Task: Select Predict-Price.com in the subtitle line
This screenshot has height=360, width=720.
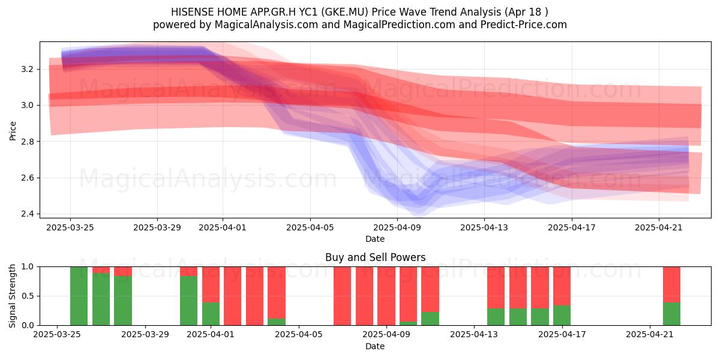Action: click(524, 25)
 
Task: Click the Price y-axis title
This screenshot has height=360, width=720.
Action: click(13, 131)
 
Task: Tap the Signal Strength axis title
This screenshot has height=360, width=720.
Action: click(12, 296)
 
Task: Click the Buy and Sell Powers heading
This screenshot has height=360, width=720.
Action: click(375, 257)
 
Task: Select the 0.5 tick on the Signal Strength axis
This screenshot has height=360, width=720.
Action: click(28, 296)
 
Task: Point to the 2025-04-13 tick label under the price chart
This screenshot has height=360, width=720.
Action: click(484, 227)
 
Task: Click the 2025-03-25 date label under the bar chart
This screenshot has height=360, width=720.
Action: click(57, 335)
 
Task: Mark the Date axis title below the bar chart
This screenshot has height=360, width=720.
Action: click(375, 346)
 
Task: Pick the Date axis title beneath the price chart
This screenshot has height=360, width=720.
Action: click(375, 239)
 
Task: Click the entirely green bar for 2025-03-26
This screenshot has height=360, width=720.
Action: click(79, 296)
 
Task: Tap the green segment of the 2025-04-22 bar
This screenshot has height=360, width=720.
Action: click(671, 314)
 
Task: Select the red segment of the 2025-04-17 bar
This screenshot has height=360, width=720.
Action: click(562, 286)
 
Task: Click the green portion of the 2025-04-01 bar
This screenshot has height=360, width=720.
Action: click(211, 314)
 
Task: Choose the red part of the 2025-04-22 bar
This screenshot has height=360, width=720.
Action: click(671, 284)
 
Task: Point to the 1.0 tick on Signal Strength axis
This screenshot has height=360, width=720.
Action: click(28, 267)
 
